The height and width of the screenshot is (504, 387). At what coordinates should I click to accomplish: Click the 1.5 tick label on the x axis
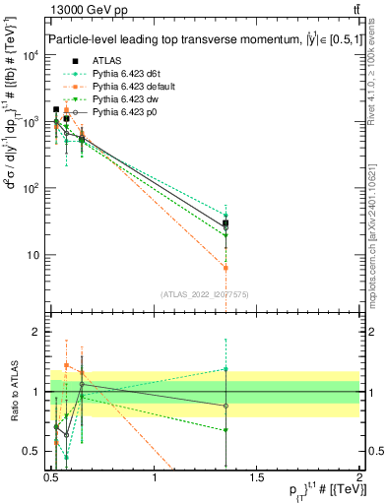pyautogui.click(x=257, y=478)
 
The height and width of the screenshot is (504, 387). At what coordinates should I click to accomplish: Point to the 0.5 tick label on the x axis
pyautogui.click(x=51, y=478)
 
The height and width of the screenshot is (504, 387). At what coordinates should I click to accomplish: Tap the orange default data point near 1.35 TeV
pyautogui.click(x=226, y=268)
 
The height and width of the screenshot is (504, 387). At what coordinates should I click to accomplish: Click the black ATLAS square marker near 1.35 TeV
pyautogui.click(x=226, y=223)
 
